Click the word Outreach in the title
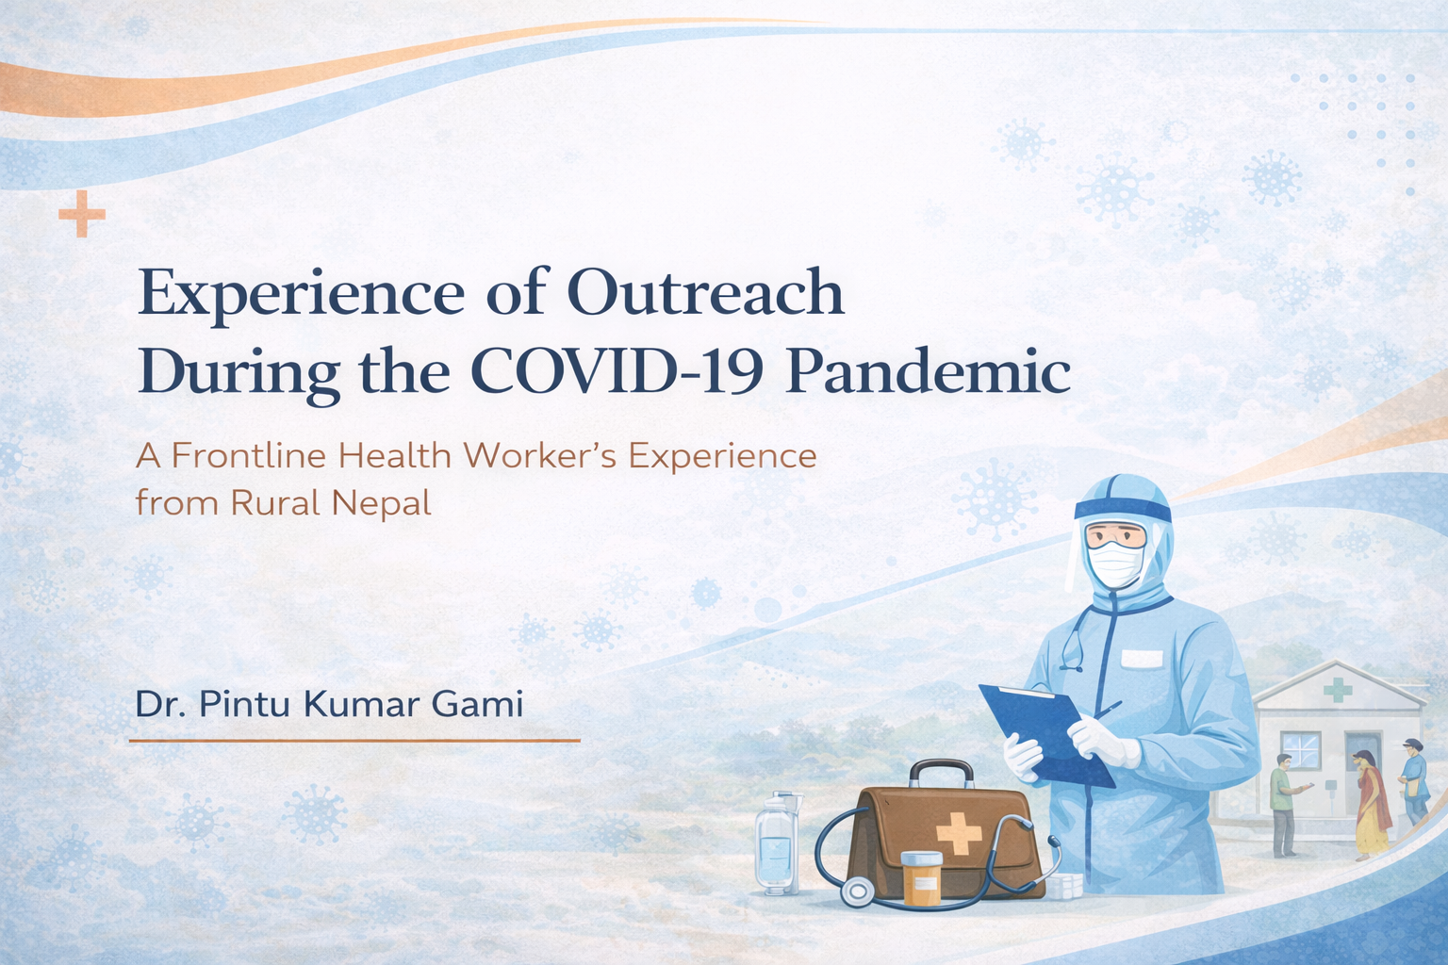(x=706, y=293)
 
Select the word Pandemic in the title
(x=929, y=372)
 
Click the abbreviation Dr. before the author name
(x=161, y=704)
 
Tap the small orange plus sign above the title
(x=82, y=213)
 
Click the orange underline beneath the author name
(x=354, y=740)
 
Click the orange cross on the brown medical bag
(x=959, y=833)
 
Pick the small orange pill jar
(x=923, y=877)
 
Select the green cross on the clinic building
(x=1338, y=690)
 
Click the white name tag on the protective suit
(x=1142, y=659)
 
